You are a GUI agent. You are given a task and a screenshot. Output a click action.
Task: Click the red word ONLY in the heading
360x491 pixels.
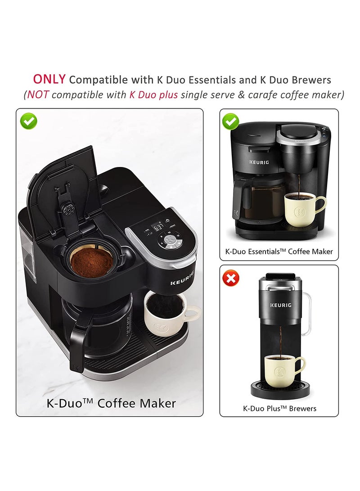[x=49, y=79]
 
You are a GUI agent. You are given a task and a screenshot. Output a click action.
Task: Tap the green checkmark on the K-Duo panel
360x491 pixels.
[x=29, y=121]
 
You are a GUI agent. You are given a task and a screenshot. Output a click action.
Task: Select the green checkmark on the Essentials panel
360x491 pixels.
[x=231, y=121]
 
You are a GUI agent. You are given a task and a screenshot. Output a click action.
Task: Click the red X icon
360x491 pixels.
[x=232, y=279]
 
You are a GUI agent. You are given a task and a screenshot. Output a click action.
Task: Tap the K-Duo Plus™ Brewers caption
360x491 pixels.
[x=279, y=409]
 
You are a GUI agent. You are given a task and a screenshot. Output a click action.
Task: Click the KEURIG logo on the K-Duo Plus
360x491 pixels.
[x=280, y=305]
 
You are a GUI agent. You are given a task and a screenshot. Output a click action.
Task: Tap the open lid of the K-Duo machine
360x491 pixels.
[x=63, y=189]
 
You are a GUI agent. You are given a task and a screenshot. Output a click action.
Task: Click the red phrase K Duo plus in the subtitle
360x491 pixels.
[x=153, y=95]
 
